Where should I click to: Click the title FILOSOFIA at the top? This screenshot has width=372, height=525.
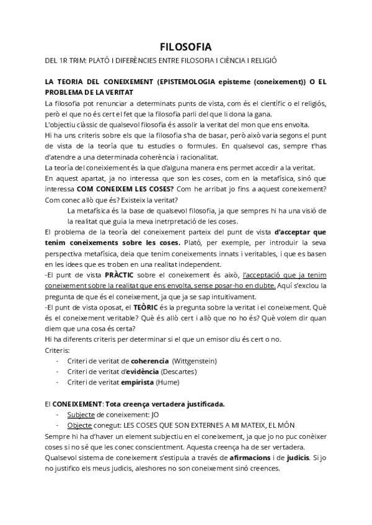click(185, 47)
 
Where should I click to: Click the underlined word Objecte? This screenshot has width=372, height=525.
click(80, 426)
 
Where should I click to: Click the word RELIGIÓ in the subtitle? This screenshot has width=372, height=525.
click(261, 61)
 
